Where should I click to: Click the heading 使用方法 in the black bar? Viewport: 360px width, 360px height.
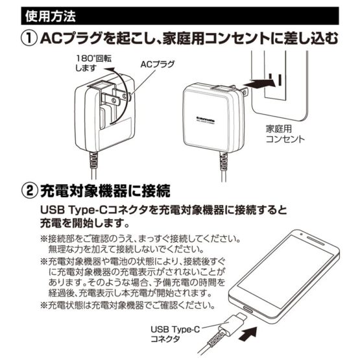click(51, 16)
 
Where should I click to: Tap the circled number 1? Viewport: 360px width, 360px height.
click(29, 38)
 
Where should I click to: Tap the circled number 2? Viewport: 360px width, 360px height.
click(29, 191)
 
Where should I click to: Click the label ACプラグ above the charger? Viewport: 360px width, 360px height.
click(157, 64)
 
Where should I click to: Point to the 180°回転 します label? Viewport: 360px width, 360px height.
click(93, 63)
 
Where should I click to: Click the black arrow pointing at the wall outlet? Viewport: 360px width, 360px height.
click(262, 84)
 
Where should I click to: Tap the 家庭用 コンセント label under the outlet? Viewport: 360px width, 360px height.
click(285, 134)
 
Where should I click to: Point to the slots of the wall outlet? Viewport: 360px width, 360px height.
click(275, 80)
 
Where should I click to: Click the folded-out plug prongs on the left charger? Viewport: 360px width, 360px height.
click(114, 97)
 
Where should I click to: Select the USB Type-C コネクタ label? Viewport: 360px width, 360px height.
click(175, 334)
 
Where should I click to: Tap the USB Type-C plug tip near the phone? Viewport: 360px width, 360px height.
click(242, 317)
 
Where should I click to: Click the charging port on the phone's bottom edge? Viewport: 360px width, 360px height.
click(247, 309)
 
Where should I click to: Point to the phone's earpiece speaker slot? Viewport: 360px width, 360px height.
click(316, 240)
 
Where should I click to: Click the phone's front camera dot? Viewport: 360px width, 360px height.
click(301, 234)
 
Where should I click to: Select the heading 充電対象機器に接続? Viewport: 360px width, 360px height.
click(105, 191)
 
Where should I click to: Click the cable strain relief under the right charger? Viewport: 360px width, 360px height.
click(223, 162)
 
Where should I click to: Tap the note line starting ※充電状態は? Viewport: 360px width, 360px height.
click(128, 305)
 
